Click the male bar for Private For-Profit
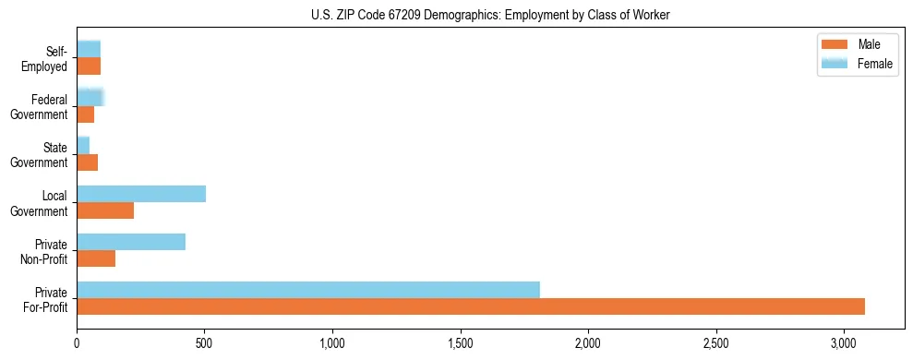click(471, 306)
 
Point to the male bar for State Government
click(87, 162)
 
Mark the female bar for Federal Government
click(90, 98)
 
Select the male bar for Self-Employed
click(89, 66)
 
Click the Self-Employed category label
click(47, 58)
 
